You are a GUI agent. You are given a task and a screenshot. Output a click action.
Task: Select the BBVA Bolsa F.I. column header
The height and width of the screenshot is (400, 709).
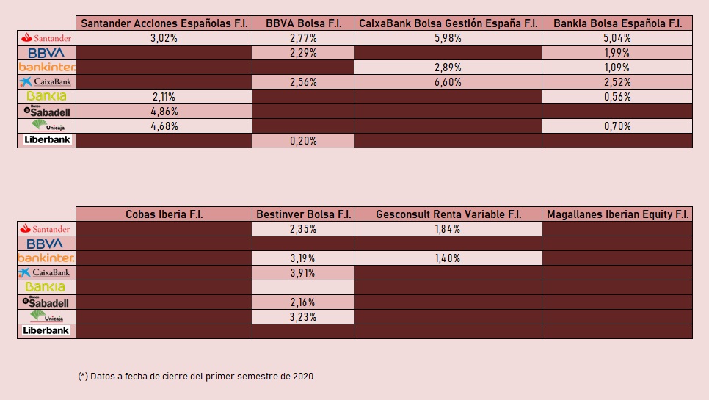pyautogui.click(x=302, y=23)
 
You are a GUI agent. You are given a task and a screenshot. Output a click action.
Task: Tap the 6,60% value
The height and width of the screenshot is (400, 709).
pyautogui.click(x=448, y=82)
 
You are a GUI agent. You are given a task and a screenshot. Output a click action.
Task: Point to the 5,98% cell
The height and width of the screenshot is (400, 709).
pyautogui.click(x=448, y=38)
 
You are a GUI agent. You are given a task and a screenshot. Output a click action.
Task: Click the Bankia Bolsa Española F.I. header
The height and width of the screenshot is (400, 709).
pyautogui.click(x=617, y=23)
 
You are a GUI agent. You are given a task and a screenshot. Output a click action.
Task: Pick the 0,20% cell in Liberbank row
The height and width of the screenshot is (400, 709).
pyautogui.click(x=302, y=141)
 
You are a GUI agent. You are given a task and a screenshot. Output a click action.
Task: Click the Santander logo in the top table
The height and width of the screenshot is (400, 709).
pyautogui.click(x=46, y=38)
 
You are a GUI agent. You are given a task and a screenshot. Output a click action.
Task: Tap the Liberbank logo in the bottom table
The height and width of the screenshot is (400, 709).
pyautogui.click(x=46, y=331)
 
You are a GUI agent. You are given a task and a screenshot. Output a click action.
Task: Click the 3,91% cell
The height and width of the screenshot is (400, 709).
pyautogui.click(x=302, y=273)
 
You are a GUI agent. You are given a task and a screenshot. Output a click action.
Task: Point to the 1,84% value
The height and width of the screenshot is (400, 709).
pyautogui.click(x=448, y=229)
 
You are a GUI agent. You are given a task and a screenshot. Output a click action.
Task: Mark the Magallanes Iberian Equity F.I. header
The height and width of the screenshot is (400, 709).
pyautogui.click(x=617, y=214)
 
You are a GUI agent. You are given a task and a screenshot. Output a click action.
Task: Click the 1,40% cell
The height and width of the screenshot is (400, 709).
pyautogui.click(x=448, y=258)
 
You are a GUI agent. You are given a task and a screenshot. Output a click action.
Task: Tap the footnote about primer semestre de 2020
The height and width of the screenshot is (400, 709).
pyautogui.click(x=195, y=376)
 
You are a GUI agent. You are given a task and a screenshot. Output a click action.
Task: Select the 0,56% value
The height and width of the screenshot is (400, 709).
pyautogui.click(x=617, y=97)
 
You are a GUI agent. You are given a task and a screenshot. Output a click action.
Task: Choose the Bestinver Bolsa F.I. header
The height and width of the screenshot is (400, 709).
pyautogui.click(x=302, y=214)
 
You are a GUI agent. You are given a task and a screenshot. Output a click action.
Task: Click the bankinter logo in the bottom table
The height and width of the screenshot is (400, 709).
pyautogui.click(x=46, y=258)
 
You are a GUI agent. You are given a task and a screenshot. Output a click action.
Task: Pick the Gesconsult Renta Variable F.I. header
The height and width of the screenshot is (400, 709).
pyautogui.click(x=448, y=214)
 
